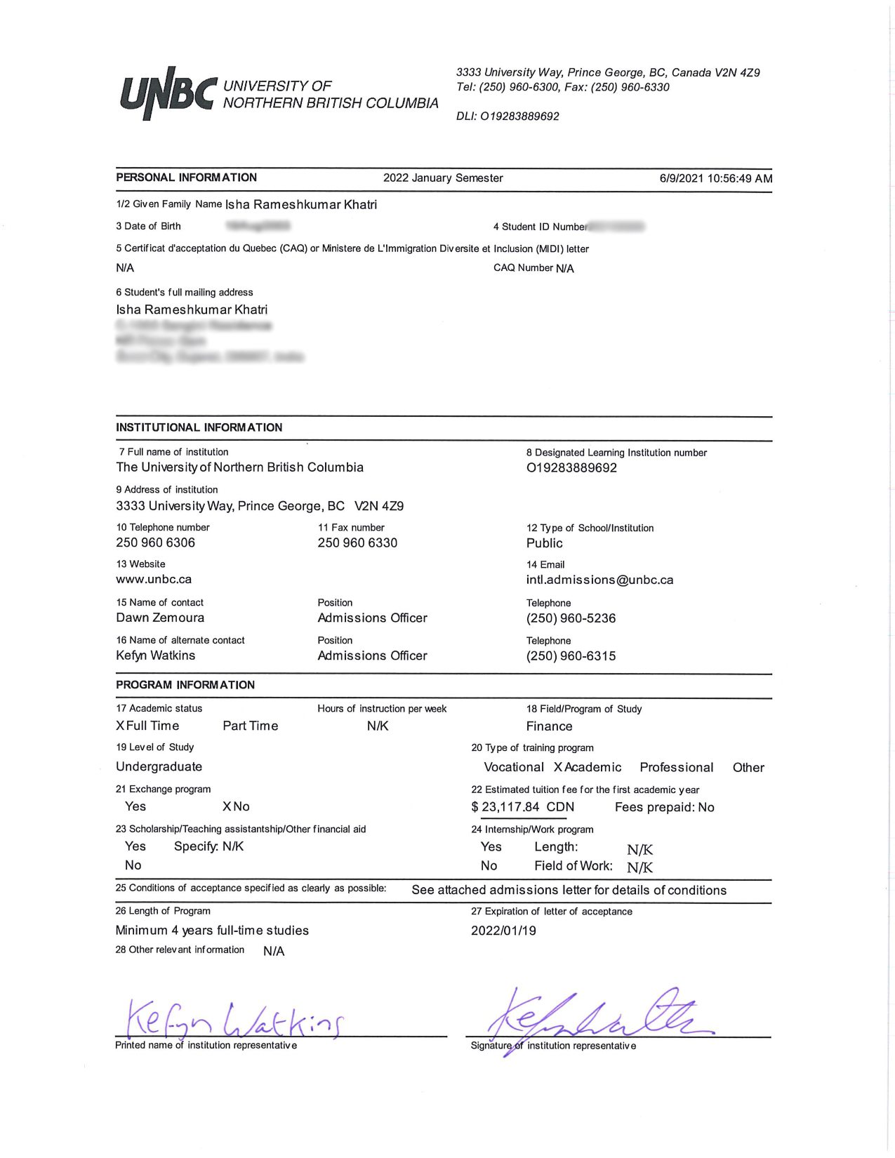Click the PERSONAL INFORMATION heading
[x=186, y=178]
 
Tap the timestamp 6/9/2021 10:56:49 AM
[x=715, y=178]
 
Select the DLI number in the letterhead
[x=508, y=117]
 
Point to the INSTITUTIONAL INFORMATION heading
[x=199, y=427]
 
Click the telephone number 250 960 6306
[x=155, y=543]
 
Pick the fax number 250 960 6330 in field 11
[x=357, y=543]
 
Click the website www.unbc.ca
[x=154, y=580]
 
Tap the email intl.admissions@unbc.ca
[x=599, y=580]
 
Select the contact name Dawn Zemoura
[x=160, y=618]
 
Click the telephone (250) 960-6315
[x=571, y=655]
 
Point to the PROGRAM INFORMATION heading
[x=185, y=685]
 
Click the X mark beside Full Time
[x=120, y=726]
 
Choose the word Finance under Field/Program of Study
[x=549, y=726]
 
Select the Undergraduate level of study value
[x=159, y=766]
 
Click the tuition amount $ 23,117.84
[x=510, y=807]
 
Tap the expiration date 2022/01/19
[x=503, y=931]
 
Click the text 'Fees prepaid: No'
[x=664, y=807]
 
